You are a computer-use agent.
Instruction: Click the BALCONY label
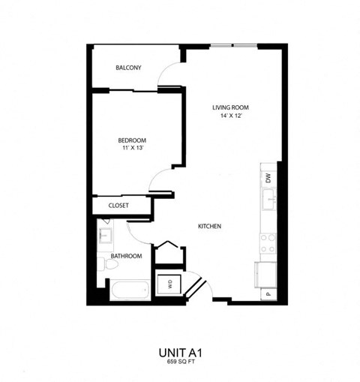[x=128, y=68]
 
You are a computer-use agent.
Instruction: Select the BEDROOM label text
[x=131, y=140]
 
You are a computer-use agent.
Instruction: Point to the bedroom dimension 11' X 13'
[x=131, y=149]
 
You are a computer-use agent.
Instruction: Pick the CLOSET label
[x=118, y=205]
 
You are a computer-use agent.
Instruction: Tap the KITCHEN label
[x=209, y=227]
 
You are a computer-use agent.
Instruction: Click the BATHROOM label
[x=126, y=256]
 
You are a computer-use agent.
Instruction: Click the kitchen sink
[x=268, y=200]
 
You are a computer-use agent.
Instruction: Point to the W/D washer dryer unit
[x=168, y=284]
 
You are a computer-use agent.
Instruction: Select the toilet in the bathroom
[x=103, y=263]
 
